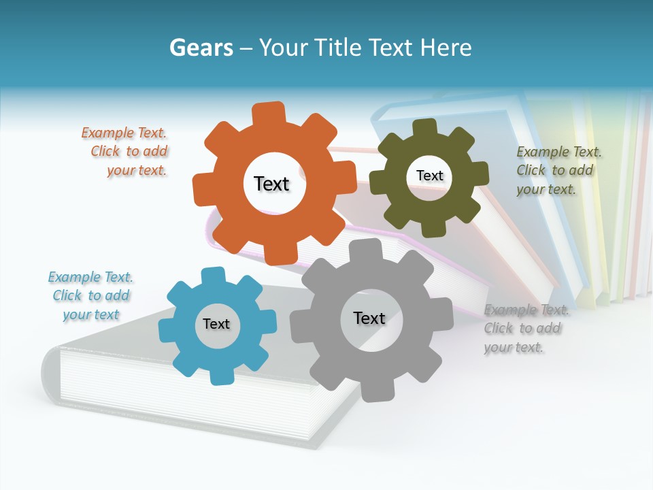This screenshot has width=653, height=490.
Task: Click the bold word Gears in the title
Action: click(x=201, y=48)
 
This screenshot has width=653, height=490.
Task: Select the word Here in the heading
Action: click(x=446, y=48)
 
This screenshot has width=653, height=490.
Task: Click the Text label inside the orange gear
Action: click(x=271, y=184)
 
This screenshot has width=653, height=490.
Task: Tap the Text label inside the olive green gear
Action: click(x=429, y=176)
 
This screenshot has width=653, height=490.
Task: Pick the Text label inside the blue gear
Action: click(x=216, y=324)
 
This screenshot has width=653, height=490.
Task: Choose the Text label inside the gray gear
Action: click(x=369, y=318)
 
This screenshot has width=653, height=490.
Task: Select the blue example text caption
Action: click(x=90, y=295)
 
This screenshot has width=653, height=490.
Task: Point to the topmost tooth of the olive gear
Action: click(x=424, y=127)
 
